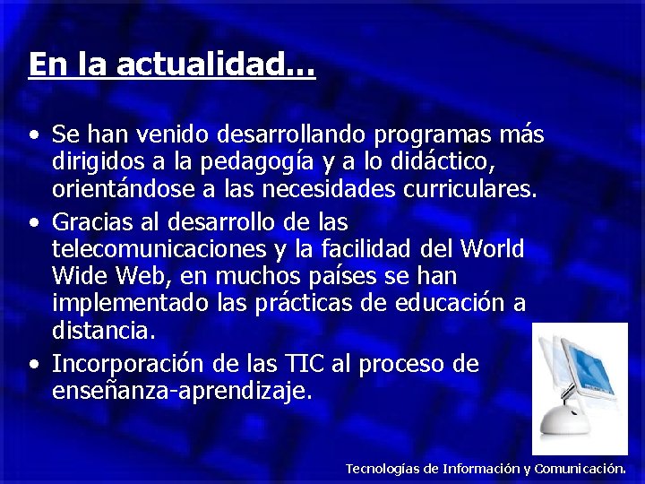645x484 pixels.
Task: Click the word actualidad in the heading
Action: point(215,65)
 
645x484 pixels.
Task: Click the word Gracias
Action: point(93,220)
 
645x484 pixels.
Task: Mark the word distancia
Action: point(103,331)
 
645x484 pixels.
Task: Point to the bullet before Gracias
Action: point(33,222)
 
